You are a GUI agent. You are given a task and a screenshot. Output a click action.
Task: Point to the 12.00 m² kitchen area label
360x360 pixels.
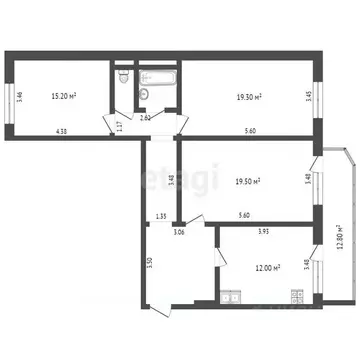point(265,267)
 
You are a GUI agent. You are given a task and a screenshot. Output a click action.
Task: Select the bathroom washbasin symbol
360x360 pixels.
point(143,94)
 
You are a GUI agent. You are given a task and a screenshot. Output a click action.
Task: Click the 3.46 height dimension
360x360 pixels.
point(21,97)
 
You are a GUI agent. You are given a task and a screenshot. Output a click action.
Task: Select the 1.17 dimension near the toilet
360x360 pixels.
point(118,126)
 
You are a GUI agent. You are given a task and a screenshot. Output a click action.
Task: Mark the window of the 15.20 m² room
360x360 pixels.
point(10,97)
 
